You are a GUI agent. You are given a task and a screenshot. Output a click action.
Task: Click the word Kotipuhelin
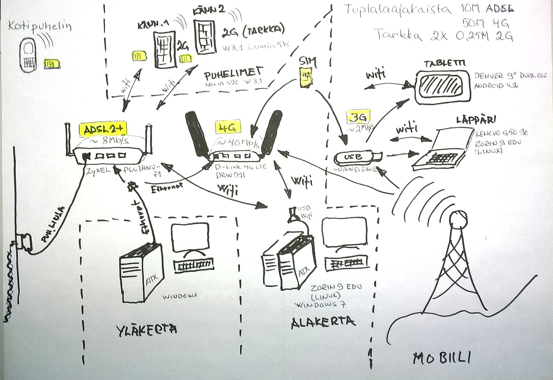(x=40, y=26)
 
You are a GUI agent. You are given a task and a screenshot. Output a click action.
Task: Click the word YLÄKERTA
(x=146, y=329)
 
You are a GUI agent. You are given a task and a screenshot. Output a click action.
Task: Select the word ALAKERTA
(x=323, y=322)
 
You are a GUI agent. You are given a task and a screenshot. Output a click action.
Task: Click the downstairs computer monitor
(x=344, y=232)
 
